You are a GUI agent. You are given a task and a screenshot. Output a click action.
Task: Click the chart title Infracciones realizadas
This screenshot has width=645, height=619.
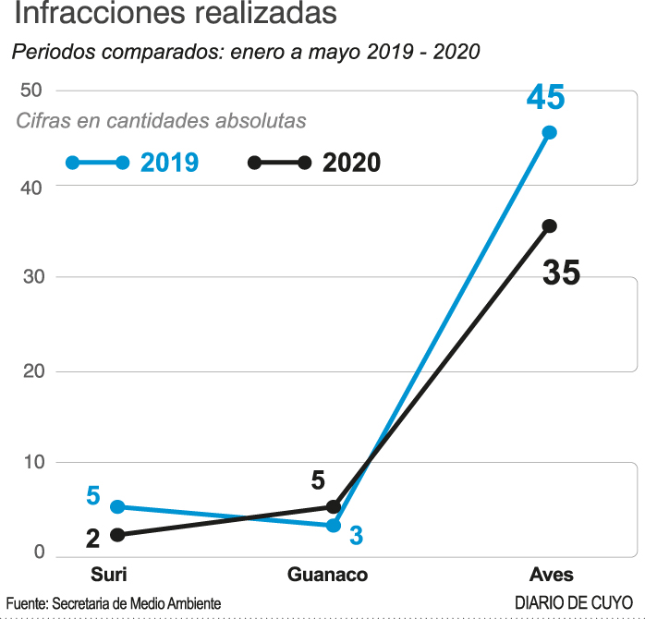[176, 16]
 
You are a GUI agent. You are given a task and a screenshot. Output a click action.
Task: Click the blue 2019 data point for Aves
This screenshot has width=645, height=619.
[549, 132]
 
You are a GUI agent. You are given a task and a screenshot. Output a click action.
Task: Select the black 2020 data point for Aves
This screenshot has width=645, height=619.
[549, 225]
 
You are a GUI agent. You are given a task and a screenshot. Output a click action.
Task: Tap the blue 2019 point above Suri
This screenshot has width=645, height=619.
[116, 506]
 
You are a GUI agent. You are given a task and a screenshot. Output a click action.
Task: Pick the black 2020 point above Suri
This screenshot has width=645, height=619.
[116, 534]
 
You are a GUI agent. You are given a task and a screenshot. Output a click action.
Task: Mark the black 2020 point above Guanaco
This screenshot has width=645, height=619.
[334, 506]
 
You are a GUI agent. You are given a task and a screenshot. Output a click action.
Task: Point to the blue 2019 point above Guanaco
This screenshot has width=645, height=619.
[334, 525]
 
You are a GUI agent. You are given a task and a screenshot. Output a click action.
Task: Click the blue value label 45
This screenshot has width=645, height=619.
[545, 97]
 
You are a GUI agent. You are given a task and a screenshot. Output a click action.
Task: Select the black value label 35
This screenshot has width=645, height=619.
[561, 273]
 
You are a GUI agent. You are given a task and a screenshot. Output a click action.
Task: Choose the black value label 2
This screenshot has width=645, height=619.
[92, 539]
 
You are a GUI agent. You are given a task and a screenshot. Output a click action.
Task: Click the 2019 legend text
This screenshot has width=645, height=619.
[170, 163]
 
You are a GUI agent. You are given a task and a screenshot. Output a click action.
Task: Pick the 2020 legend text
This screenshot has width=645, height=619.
[352, 163]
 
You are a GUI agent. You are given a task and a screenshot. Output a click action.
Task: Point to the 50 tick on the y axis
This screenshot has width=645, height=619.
[32, 90]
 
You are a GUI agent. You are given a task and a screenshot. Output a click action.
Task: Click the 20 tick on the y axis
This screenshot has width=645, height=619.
[32, 370]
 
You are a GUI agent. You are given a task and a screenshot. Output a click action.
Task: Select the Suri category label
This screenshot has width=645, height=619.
[108, 574]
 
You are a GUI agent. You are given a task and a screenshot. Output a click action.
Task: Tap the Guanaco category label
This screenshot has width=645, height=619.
[328, 574]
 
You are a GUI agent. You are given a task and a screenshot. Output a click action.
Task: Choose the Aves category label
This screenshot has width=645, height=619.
[552, 574]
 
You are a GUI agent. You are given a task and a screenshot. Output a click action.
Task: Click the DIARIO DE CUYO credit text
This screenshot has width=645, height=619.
[574, 602]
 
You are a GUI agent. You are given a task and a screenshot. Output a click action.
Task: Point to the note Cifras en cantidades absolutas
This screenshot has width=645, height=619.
[161, 121]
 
